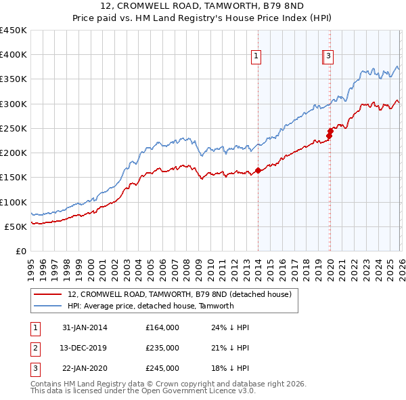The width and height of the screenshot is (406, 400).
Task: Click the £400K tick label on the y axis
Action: pos(14,55)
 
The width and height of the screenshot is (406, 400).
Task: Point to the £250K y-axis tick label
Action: pos(14,128)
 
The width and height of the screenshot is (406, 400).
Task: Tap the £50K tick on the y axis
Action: pos(16,226)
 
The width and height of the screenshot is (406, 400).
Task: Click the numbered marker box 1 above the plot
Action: pos(258,57)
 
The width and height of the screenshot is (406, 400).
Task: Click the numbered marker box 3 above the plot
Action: pos(328,57)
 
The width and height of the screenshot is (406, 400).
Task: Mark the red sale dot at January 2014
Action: pos(258,171)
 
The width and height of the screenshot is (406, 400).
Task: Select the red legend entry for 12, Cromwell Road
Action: pos(179,294)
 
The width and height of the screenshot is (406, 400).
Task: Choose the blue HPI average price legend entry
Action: pos(150,306)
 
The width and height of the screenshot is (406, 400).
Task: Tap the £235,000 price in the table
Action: pos(162,348)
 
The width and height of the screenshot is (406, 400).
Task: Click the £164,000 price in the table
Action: pos(162,327)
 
